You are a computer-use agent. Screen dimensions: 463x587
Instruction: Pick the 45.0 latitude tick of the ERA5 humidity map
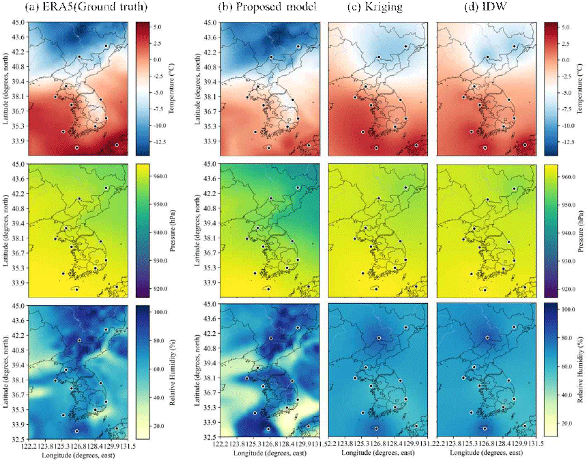pyautogui.click(x=20, y=306)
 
